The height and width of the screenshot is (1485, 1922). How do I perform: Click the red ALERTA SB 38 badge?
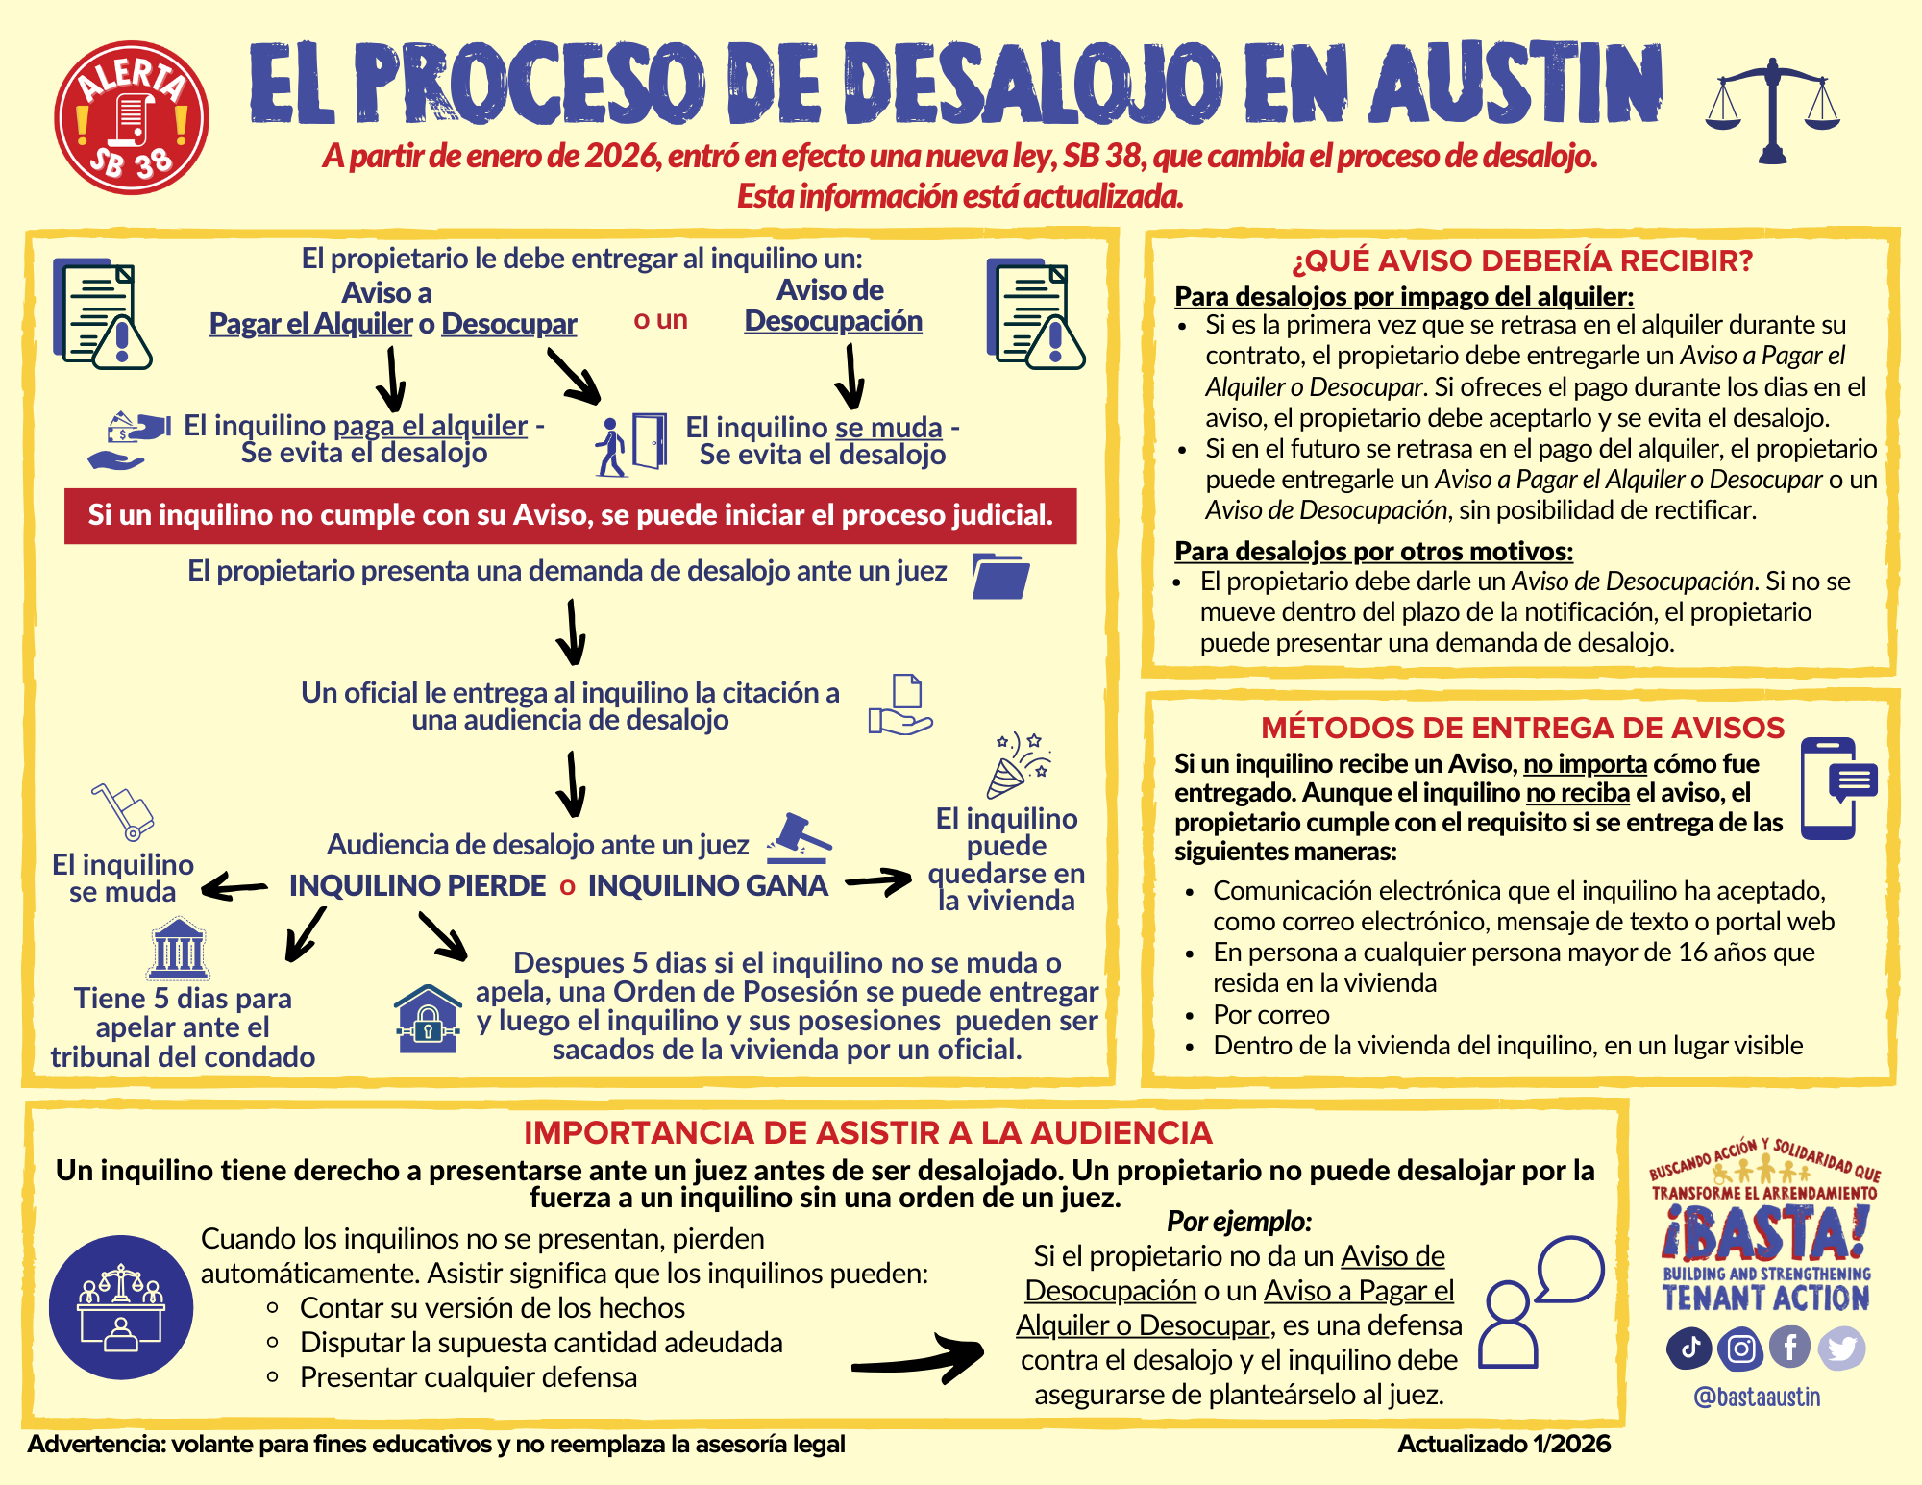(132, 117)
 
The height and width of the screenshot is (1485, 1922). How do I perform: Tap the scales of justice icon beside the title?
(1772, 111)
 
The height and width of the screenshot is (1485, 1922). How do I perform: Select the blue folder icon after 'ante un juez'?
(1000, 576)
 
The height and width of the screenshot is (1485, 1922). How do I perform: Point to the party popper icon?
(1019, 765)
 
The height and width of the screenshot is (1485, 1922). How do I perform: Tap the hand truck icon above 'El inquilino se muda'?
(124, 810)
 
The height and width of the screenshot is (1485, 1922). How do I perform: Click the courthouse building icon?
(179, 949)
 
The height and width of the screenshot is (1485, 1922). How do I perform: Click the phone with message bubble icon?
(1836, 788)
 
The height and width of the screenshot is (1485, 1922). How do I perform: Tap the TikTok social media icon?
(1689, 1348)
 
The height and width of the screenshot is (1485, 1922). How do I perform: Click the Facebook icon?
(1790, 1348)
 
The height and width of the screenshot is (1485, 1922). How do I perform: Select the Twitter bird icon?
(1841, 1348)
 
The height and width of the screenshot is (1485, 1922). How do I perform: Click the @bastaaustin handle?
(1757, 1397)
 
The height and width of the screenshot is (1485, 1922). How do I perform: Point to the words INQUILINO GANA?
(707, 885)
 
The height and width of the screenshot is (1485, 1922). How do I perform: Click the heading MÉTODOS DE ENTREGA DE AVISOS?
(1522, 728)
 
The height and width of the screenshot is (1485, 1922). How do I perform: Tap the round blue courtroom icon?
(121, 1307)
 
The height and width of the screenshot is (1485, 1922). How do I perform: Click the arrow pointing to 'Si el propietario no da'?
(918, 1357)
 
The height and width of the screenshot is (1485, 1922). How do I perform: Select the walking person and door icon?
(630, 444)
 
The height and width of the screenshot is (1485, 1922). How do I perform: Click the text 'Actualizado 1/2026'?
(1504, 1444)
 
